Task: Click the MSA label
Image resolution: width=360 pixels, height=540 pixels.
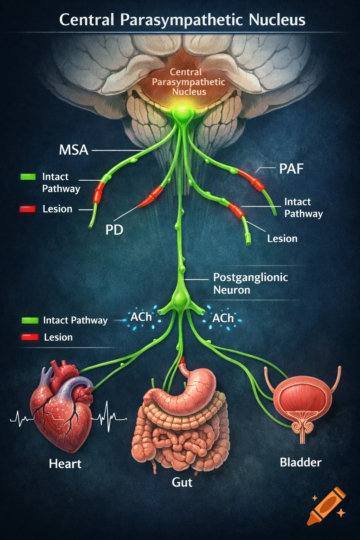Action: [x=73, y=150]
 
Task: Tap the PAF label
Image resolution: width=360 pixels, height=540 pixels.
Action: [x=291, y=169]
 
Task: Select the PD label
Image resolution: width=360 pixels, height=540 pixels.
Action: [x=114, y=230]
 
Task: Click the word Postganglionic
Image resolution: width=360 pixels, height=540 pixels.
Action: [x=250, y=277]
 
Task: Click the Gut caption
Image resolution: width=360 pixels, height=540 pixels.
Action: [x=182, y=482]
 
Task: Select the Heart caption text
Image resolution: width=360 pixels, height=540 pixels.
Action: [x=65, y=464]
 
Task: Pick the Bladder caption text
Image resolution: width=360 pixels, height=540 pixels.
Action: [x=301, y=462]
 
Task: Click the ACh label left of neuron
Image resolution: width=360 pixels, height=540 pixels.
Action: [x=141, y=317]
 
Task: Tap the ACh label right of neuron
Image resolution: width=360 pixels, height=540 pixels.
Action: [x=223, y=318]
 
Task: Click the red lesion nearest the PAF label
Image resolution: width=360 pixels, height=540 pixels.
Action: [x=251, y=179]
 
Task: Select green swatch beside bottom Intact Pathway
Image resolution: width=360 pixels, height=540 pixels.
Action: [x=30, y=320]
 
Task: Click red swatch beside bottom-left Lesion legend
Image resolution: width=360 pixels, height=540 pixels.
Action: [x=30, y=337]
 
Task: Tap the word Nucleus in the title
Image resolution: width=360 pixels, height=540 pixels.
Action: [x=277, y=20]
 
